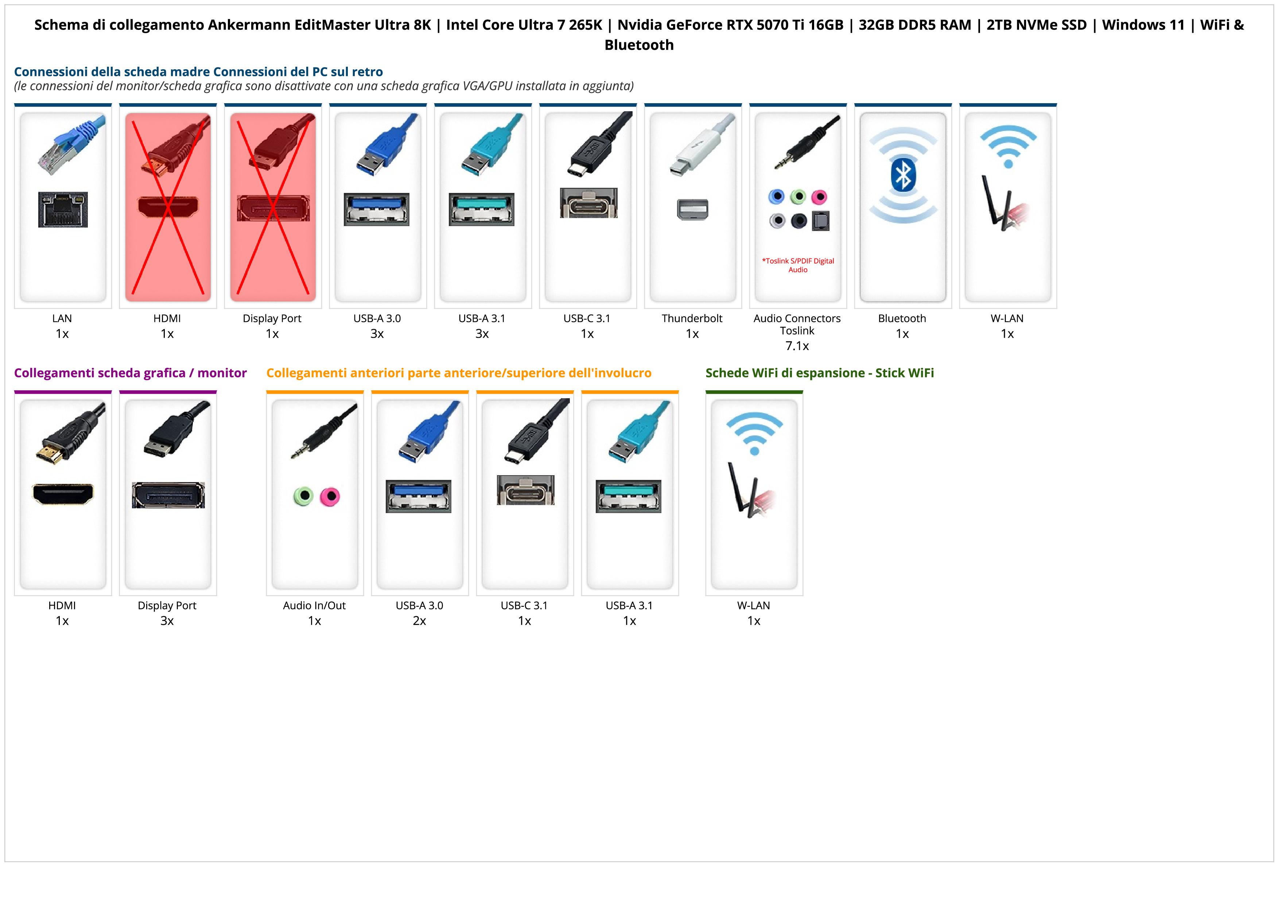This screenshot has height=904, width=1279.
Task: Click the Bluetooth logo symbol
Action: coord(902,175)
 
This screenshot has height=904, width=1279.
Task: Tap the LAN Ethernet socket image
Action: coord(63,209)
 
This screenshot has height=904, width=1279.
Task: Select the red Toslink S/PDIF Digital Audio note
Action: coord(798,265)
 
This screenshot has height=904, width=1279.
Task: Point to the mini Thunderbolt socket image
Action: coord(692,209)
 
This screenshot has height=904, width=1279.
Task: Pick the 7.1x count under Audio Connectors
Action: coord(797,346)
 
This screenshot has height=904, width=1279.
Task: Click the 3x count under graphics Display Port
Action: coord(167,621)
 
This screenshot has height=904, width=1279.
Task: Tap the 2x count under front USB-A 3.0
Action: coord(419,621)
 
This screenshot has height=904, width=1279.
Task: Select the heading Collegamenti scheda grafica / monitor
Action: coord(131,373)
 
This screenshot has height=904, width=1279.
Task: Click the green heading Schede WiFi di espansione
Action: coord(820,373)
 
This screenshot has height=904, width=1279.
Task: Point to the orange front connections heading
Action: coord(458,373)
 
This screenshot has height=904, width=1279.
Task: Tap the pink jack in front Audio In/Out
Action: coord(330,496)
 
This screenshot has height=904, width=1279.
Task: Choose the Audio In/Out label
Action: coord(314,605)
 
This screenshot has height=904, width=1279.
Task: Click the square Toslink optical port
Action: coord(821,221)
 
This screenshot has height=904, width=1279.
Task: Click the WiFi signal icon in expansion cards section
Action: coord(754,433)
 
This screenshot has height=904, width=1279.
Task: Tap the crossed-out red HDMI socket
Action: coord(168,207)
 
